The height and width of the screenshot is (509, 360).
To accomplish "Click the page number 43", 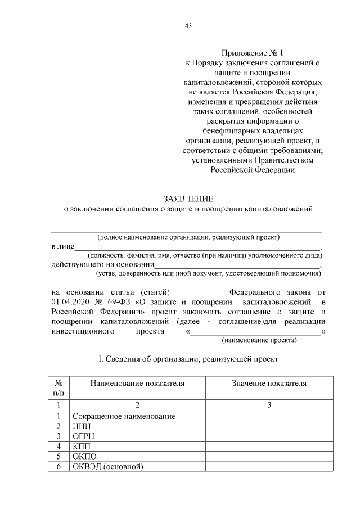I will tap(188, 25).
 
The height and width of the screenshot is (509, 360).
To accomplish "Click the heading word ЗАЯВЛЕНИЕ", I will tap(188, 199).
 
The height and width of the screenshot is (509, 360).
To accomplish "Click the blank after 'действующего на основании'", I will tap(237, 264).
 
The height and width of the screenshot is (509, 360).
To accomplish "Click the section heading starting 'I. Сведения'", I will tap(188, 358).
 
